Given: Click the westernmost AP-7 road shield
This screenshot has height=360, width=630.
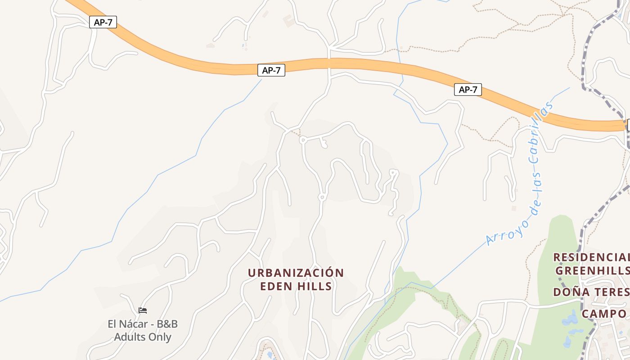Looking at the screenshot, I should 103,22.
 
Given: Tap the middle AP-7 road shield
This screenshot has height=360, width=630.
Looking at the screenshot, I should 271,70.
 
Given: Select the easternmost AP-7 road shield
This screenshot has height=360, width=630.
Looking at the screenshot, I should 468,90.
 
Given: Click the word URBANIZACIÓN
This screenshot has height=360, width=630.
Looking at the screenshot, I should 296,273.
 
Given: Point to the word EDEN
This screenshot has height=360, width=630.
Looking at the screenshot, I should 276,286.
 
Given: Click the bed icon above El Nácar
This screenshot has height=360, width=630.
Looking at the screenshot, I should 143,310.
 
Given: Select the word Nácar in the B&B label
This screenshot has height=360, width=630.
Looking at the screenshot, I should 135,324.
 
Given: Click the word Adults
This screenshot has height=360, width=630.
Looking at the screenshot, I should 130,337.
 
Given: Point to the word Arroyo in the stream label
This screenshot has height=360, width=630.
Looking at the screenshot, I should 506,229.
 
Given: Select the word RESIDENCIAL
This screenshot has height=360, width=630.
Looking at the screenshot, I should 591,257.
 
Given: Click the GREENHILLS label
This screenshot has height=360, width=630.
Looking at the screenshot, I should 592,270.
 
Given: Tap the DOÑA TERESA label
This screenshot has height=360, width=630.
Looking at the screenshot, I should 591,292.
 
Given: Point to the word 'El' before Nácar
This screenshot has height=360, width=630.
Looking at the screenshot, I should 112,324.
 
